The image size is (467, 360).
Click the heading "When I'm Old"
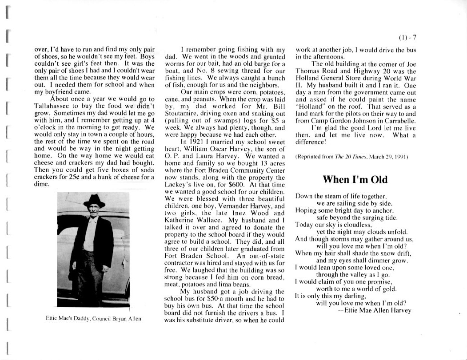pyautogui.click(x=355, y=179)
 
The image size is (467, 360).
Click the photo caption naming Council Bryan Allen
pyautogui.click(x=93, y=319)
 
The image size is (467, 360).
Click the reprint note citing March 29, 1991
pyautogui.click(x=351, y=157)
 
